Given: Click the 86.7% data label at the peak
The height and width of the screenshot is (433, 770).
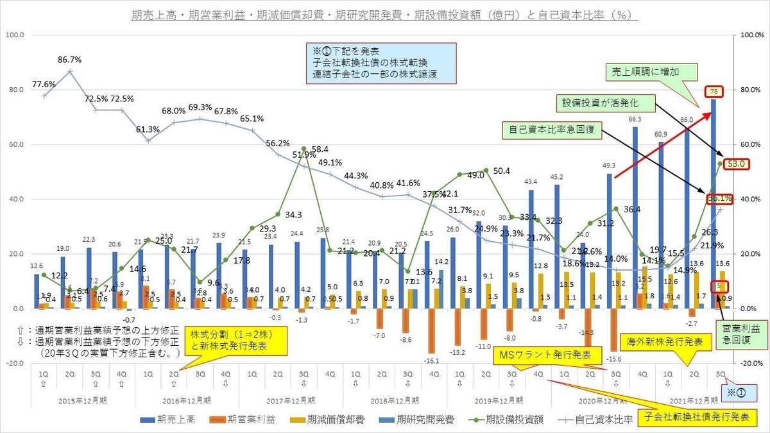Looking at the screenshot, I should point(69,59).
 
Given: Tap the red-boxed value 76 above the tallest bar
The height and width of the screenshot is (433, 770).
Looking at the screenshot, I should point(714,92).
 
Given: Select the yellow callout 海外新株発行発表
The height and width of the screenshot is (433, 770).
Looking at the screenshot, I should point(662,342).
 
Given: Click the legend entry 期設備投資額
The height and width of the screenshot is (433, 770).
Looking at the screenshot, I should point(511,420).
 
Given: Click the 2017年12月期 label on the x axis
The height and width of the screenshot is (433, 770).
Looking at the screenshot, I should point(291,400).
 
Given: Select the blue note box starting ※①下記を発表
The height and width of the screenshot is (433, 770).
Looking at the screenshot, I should point(381,63).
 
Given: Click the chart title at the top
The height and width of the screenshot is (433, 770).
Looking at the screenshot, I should point(384,14).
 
